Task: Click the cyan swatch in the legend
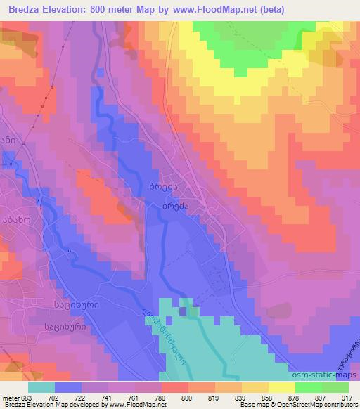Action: [41, 387]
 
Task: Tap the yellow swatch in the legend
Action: [282, 387]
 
